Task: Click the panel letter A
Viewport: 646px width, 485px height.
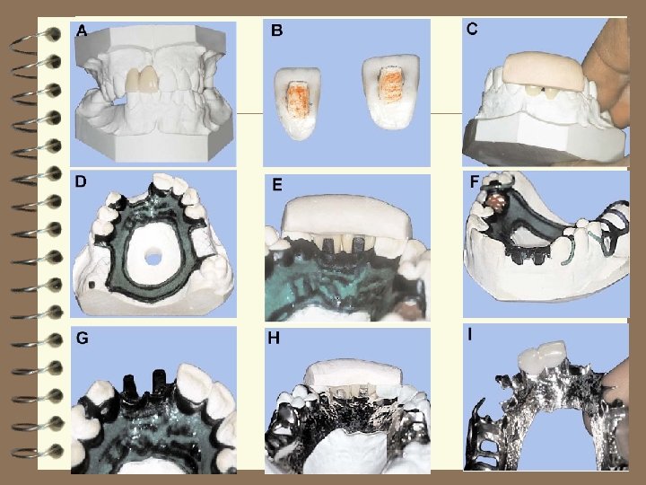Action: tap(82, 31)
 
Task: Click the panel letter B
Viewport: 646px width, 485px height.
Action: tap(277, 31)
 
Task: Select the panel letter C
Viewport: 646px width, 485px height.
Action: tap(472, 28)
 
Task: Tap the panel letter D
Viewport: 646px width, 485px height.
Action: tap(82, 181)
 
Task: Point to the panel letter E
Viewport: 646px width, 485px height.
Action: tap(277, 185)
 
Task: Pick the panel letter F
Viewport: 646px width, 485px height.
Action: tap(475, 181)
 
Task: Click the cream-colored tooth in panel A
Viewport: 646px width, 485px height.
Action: tap(143, 80)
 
